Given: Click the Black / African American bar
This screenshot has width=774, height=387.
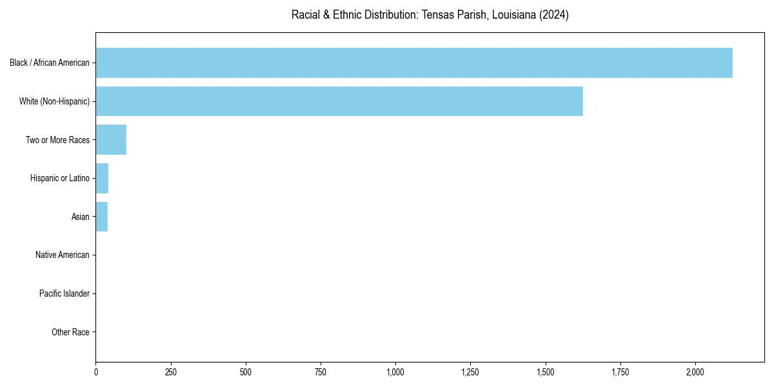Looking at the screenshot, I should (x=414, y=63).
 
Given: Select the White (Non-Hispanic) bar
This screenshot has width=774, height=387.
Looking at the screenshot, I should (x=339, y=101).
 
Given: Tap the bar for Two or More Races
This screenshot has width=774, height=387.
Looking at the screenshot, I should (x=111, y=140).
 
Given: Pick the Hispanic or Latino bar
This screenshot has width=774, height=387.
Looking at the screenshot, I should (x=102, y=178).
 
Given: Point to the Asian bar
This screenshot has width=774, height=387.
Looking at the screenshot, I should (x=102, y=217).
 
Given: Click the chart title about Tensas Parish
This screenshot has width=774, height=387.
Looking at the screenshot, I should (x=430, y=15).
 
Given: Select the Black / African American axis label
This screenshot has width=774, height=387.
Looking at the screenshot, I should (x=50, y=63).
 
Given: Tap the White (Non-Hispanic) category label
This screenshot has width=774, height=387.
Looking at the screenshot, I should (x=54, y=101).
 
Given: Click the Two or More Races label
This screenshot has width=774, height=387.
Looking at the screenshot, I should (x=57, y=140).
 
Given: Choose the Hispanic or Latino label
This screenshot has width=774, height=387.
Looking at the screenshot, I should (x=60, y=178).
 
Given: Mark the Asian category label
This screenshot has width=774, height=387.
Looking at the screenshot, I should (x=81, y=217).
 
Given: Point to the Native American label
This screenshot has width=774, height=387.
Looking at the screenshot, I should (x=63, y=255).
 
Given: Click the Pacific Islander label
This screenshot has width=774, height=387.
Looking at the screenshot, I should (x=64, y=293).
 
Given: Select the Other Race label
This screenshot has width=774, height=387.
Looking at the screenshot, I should (x=70, y=332).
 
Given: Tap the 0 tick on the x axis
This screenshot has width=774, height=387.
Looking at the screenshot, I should (x=96, y=372).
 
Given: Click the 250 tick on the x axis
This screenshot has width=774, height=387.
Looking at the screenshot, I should (x=171, y=372).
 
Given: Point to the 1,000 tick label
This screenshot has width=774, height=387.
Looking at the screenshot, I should (x=395, y=372).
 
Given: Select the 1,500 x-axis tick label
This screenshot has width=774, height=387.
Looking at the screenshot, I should (x=546, y=372).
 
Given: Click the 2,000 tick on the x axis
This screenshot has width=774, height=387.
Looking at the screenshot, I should (x=695, y=372).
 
